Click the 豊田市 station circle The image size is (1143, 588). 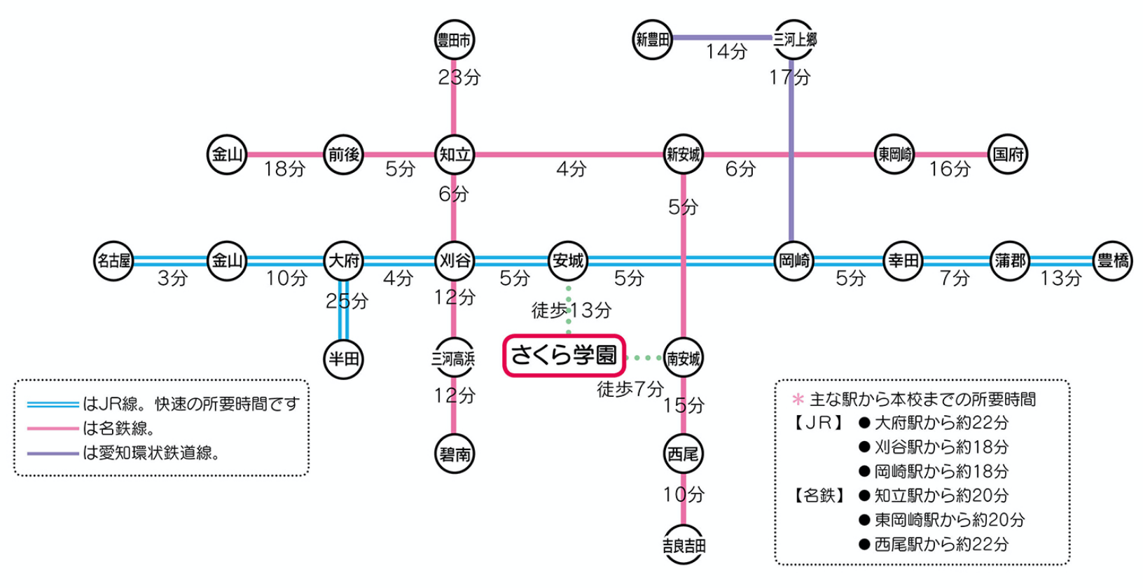coord(455,40)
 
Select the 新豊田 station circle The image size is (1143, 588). coord(652,40)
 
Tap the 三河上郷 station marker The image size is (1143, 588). coord(794,40)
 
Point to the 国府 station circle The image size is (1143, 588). coord(1008,154)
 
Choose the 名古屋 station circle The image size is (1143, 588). coord(113,261)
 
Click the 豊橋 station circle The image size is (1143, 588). coord(1113,261)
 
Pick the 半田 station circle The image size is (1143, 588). coord(344,359)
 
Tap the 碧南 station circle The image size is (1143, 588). coord(455,454)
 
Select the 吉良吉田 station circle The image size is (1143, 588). coord(684,545)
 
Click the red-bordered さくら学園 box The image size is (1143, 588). coord(564,356)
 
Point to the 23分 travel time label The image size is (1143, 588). coord(459,77)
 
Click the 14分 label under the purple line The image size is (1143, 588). coord(726,52)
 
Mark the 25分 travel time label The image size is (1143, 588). coord(347,301)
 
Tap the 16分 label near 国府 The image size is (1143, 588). coord(950,169)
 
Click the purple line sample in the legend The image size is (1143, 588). coord(53,454)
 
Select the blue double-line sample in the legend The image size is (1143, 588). coord(53,404)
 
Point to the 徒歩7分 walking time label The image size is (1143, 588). coord(630,389)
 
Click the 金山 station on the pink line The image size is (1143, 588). coord(227,154)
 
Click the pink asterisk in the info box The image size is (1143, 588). coord(797,400)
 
